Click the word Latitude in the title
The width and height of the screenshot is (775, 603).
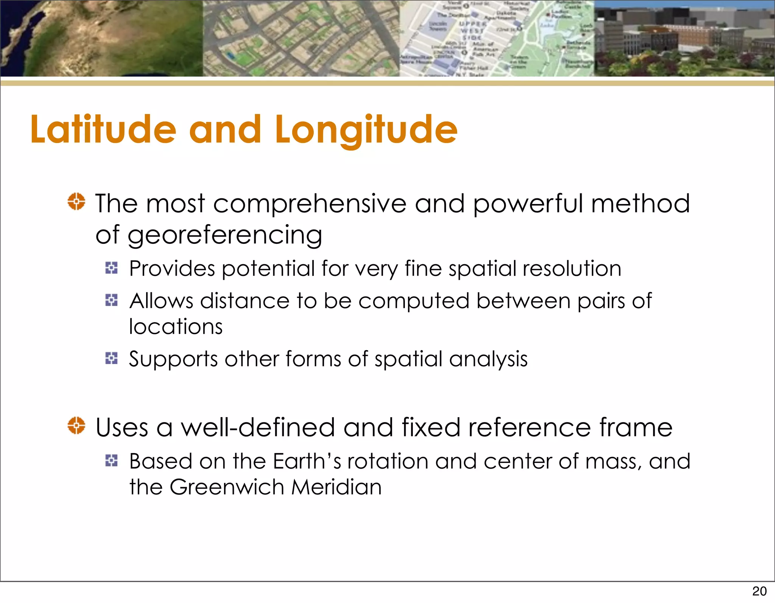tap(103, 129)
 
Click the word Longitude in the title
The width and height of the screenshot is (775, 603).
tap(366, 129)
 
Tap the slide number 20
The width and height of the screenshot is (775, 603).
tap(759, 591)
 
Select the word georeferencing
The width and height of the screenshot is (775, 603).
tap(225, 235)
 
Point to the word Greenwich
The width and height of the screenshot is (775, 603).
tap(227, 487)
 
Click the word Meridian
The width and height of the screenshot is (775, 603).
tap(336, 487)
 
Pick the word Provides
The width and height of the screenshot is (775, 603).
tap(172, 269)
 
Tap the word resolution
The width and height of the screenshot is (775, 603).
tap(572, 269)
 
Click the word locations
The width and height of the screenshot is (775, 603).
tap(176, 326)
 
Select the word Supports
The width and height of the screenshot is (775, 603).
tap(173, 359)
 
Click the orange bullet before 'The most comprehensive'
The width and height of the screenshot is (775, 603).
tap(76, 201)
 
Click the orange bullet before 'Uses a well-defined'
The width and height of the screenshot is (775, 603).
tap(76, 425)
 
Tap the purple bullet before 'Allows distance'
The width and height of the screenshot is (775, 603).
tap(111, 300)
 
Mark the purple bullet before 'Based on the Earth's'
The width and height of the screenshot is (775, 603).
tap(111, 461)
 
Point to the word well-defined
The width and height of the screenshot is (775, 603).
tap(258, 428)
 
